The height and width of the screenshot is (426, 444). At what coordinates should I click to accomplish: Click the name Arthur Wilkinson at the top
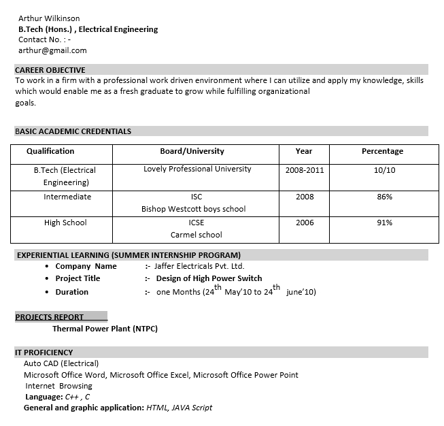[49, 18]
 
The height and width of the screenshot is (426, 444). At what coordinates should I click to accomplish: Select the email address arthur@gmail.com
[52, 50]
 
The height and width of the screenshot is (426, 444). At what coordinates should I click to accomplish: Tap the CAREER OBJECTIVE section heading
[50, 70]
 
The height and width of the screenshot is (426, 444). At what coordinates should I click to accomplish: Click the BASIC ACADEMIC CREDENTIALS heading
[73, 131]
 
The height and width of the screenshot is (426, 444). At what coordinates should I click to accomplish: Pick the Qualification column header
[50, 151]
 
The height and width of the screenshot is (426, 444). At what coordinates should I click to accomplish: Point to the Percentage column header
[382, 151]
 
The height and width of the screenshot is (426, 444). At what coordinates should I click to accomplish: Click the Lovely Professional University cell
[197, 169]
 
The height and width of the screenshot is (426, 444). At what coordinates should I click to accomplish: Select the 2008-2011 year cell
[305, 170]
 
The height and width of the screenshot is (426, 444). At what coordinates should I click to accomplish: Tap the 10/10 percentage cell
[384, 170]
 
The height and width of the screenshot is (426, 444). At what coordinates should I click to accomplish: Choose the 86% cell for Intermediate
[384, 197]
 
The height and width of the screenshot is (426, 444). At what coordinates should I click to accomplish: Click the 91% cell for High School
[384, 223]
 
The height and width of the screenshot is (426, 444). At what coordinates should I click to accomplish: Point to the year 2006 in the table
[305, 223]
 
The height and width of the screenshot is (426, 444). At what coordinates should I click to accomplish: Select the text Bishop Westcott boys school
[193, 209]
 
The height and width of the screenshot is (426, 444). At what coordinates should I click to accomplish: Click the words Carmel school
[196, 235]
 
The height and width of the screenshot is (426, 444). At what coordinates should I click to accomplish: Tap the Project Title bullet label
[78, 278]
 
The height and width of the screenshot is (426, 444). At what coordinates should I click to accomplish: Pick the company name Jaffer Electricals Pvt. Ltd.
[199, 266]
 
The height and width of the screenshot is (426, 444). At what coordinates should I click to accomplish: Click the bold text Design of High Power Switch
[209, 278]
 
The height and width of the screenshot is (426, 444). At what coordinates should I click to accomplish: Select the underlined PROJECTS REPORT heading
[50, 317]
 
